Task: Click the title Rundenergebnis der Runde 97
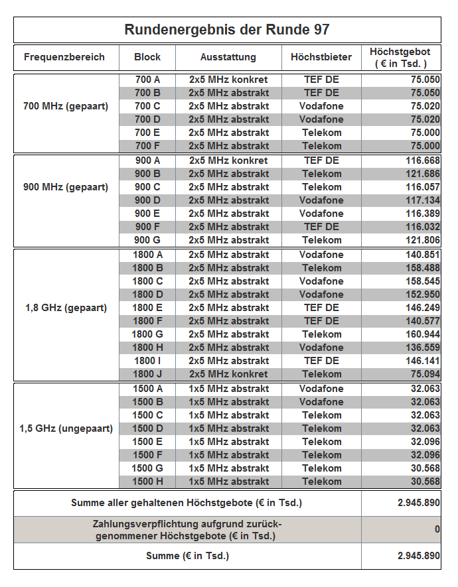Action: coord(227,30)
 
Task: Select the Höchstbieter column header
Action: coord(321,57)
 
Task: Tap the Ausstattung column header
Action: coord(228,57)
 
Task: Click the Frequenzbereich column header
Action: coord(64,57)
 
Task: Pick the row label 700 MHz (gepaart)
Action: coord(66,106)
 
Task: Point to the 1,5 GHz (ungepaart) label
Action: coord(66,428)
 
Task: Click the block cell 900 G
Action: coord(147,240)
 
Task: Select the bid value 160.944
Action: coord(423,334)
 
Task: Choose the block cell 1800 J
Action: coord(147,374)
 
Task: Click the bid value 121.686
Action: coord(423,174)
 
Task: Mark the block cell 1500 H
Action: coord(147,482)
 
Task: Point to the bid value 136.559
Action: coord(423,348)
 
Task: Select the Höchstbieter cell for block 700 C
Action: coord(321,106)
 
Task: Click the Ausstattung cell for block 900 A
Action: coord(228,161)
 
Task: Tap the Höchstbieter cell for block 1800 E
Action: coord(321,308)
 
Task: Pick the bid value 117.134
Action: coord(423,200)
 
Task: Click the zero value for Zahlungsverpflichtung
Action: coord(437,529)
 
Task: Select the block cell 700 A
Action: coord(147,80)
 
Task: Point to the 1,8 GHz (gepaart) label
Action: coord(66,308)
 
